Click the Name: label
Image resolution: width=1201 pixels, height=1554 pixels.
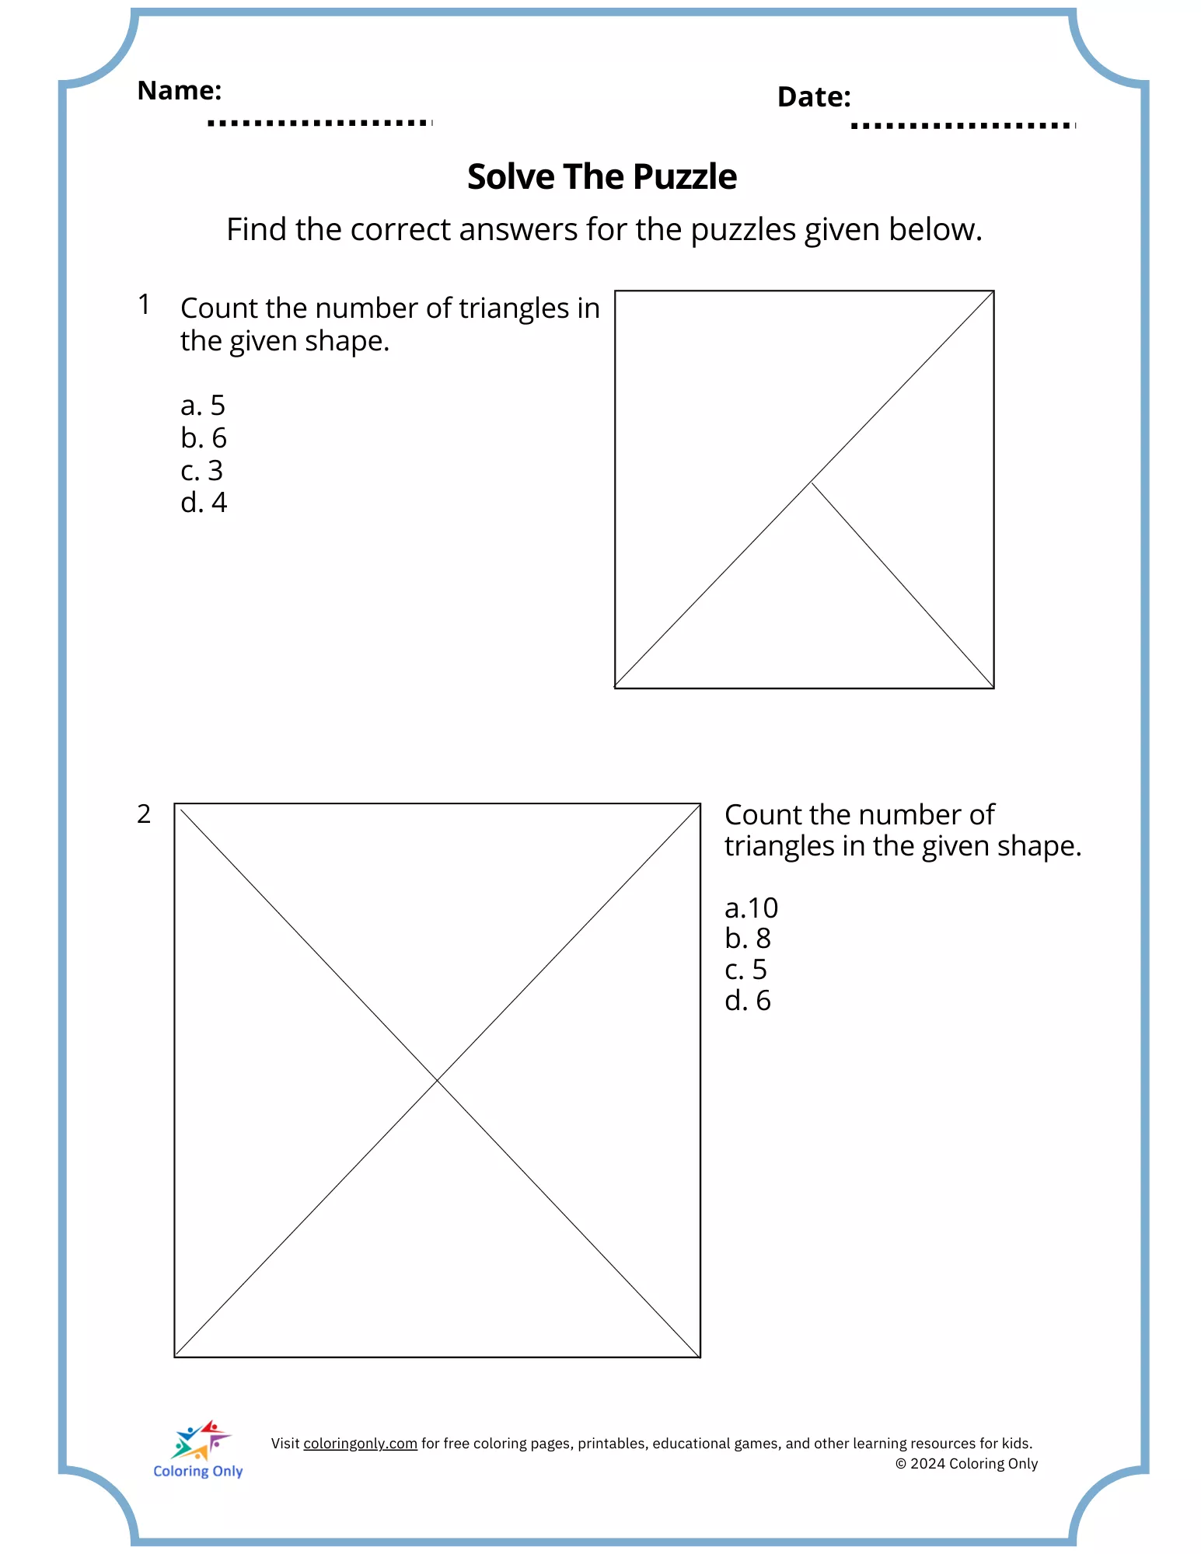(x=179, y=91)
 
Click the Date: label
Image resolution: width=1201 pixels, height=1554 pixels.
(x=813, y=97)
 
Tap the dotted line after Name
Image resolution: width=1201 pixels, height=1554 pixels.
(x=319, y=123)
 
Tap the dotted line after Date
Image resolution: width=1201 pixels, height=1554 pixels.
(x=962, y=126)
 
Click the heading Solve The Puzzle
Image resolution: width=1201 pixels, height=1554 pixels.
(x=602, y=177)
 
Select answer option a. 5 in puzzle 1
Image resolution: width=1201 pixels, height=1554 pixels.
(x=202, y=406)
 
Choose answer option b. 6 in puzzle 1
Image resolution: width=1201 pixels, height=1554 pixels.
(x=203, y=438)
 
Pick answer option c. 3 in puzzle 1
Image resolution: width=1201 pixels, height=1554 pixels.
(x=201, y=471)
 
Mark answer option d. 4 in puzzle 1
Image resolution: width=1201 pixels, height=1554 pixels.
(x=203, y=503)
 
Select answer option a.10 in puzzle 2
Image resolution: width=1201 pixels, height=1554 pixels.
(x=751, y=908)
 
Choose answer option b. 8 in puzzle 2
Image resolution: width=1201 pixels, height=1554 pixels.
(x=747, y=939)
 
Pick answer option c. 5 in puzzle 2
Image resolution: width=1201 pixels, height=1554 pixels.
(x=745, y=970)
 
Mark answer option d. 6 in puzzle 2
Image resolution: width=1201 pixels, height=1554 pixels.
(x=747, y=1001)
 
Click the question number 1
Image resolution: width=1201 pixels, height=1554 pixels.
(x=144, y=305)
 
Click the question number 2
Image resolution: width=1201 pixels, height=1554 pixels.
(x=144, y=814)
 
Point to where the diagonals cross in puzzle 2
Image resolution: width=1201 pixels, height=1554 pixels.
(x=438, y=1080)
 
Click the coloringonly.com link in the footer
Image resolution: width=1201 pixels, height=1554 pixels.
(x=360, y=1444)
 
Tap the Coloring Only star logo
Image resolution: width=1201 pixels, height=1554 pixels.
(x=201, y=1441)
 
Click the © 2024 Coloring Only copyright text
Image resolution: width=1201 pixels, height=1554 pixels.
(x=966, y=1464)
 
